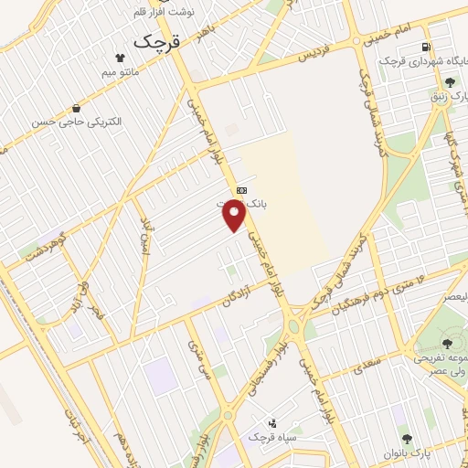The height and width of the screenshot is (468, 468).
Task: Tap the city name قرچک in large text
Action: (159, 41)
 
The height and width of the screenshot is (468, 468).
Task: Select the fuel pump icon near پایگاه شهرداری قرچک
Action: (425, 48)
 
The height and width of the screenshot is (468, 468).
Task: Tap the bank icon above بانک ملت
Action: (240, 190)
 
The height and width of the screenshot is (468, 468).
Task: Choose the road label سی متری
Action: (200, 359)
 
